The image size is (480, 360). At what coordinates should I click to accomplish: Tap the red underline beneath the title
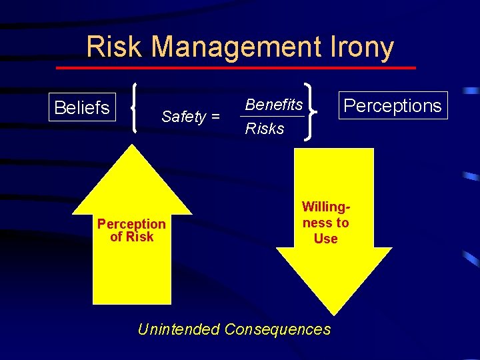pos(235,68)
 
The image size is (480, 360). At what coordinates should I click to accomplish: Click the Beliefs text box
pos(82,107)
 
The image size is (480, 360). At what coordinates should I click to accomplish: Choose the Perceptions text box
pos(393,105)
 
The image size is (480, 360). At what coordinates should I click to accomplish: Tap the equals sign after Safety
pos(215,118)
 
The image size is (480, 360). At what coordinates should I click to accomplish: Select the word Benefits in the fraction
pos(274,105)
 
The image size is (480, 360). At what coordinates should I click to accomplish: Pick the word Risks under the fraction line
pos(265,129)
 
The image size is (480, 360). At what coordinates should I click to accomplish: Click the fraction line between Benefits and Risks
pos(273,117)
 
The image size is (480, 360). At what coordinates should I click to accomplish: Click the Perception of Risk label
pos(131,230)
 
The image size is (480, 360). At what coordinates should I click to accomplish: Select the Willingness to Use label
pos(325,223)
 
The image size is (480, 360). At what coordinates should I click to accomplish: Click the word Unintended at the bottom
pos(178,329)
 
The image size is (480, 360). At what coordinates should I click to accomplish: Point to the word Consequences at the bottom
pos(277,329)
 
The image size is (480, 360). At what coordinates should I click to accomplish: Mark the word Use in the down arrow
pos(325,239)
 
